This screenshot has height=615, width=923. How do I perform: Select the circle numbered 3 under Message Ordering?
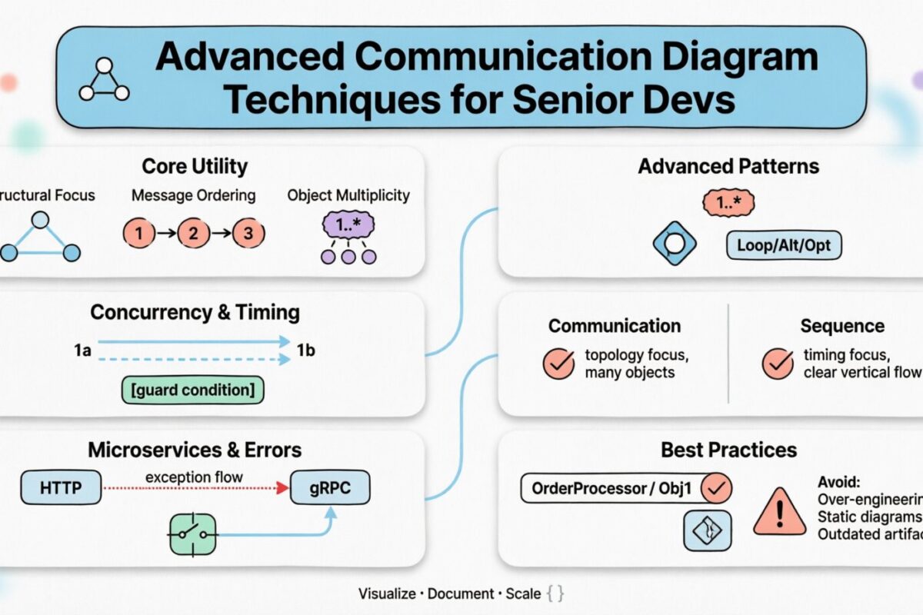(x=247, y=233)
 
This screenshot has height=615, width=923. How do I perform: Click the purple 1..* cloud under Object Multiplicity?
(x=348, y=225)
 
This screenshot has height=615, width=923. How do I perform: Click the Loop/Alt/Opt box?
(x=784, y=246)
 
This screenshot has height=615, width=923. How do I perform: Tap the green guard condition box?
(x=193, y=390)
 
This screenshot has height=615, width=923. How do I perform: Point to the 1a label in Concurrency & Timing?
(x=83, y=351)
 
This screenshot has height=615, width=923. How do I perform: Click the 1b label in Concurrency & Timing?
(x=306, y=351)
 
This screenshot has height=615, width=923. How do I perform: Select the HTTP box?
(x=60, y=487)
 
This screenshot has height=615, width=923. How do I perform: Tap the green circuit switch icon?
(x=192, y=534)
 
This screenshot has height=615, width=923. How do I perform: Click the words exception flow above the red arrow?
(x=193, y=477)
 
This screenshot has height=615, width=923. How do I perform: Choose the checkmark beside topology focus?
(x=558, y=364)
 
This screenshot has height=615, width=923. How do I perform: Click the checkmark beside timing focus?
(x=777, y=364)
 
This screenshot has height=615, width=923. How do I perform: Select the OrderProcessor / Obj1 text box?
(x=611, y=487)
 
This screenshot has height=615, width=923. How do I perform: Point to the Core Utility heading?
(x=195, y=166)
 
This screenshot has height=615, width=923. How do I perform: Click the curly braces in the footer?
(x=555, y=593)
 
